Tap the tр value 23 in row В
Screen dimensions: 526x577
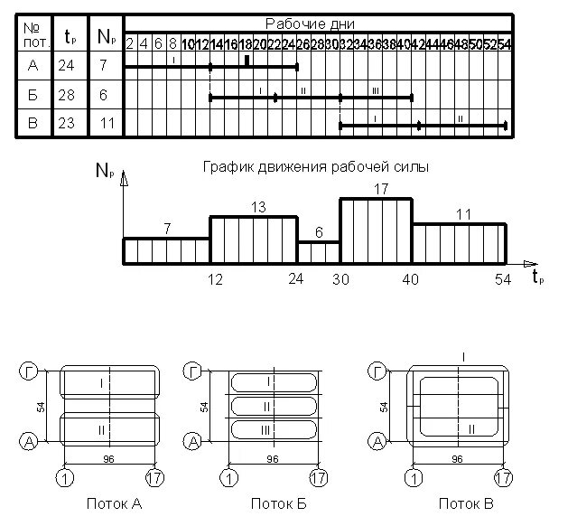click(x=70, y=124)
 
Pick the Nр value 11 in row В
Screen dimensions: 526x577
click(x=106, y=124)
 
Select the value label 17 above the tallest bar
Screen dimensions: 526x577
click(x=380, y=188)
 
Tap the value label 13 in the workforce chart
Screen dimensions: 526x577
click(x=256, y=207)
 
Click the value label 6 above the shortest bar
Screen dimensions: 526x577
click(x=318, y=231)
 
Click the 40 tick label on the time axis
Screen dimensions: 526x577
click(x=411, y=279)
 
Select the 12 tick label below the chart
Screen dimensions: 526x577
click(x=215, y=279)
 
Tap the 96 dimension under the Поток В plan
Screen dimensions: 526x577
click(x=456, y=459)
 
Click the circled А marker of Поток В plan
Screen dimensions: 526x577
click(x=377, y=440)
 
